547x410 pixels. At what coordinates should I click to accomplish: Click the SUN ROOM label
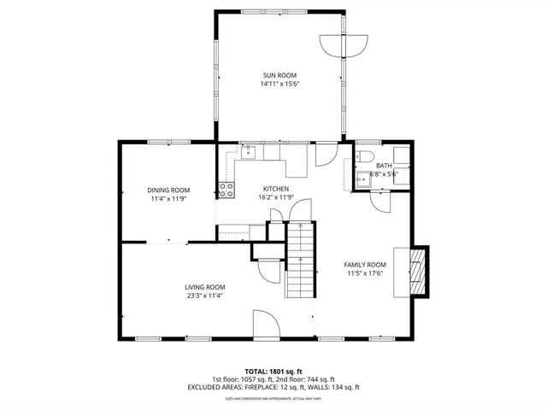point(280,75)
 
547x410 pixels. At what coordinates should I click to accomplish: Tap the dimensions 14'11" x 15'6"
point(280,85)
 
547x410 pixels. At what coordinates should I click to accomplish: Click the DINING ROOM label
point(168,190)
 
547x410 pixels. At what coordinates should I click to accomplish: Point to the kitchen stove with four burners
point(226,190)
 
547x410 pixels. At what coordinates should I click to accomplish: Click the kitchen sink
point(249,153)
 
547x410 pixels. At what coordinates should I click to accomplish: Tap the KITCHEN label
point(275,189)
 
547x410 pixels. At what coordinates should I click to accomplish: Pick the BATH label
point(384,166)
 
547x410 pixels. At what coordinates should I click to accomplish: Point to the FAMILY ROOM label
point(365,265)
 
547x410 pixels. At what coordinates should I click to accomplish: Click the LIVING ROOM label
point(205,287)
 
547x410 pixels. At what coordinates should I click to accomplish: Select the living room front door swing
point(265,325)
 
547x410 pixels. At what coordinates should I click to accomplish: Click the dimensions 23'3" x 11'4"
point(205,296)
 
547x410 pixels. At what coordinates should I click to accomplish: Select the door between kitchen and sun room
point(326,155)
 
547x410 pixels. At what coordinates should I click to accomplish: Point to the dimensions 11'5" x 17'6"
point(365,274)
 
